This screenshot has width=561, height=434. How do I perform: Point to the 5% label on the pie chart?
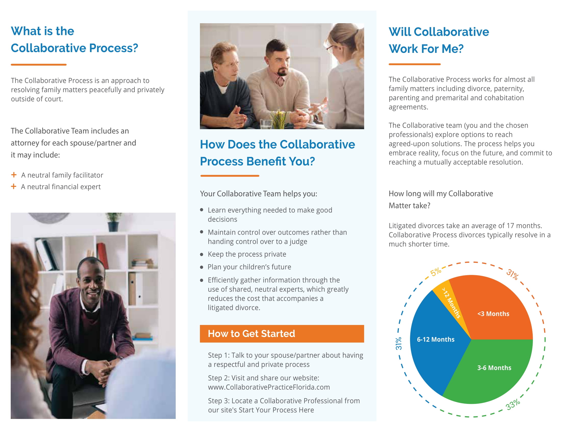pos(436,272)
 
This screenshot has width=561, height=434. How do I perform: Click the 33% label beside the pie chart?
pos(513,405)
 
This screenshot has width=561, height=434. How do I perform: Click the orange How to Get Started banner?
pos(282,334)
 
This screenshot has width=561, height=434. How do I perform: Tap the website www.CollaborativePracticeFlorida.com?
pos(269,387)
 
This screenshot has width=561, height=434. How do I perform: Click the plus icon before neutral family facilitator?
pos(14,175)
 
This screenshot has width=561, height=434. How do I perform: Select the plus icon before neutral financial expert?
pos(14,186)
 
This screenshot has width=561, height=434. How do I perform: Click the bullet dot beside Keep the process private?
pos(202,255)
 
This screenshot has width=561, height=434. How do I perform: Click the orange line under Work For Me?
pos(415,64)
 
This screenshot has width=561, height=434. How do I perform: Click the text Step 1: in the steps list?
pos(219,355)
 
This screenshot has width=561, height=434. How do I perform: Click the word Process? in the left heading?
pos(113,48)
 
